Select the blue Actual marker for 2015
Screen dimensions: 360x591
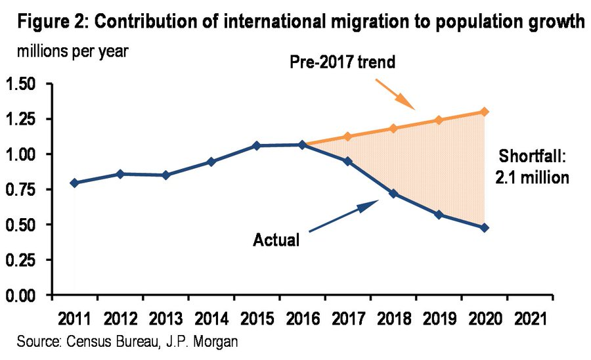(x=257, y=145)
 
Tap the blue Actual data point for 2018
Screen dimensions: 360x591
(x=393, y=193)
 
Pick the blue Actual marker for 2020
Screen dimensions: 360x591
(x=484, y=228)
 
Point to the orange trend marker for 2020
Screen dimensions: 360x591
(x=484, y=112)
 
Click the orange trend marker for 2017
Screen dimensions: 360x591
(x=348, y=137)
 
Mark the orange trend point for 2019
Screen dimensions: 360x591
(x=439, y=120)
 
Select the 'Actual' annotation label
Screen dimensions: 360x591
(x=276, y=240)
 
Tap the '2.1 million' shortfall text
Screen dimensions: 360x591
(x=532, y=178)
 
